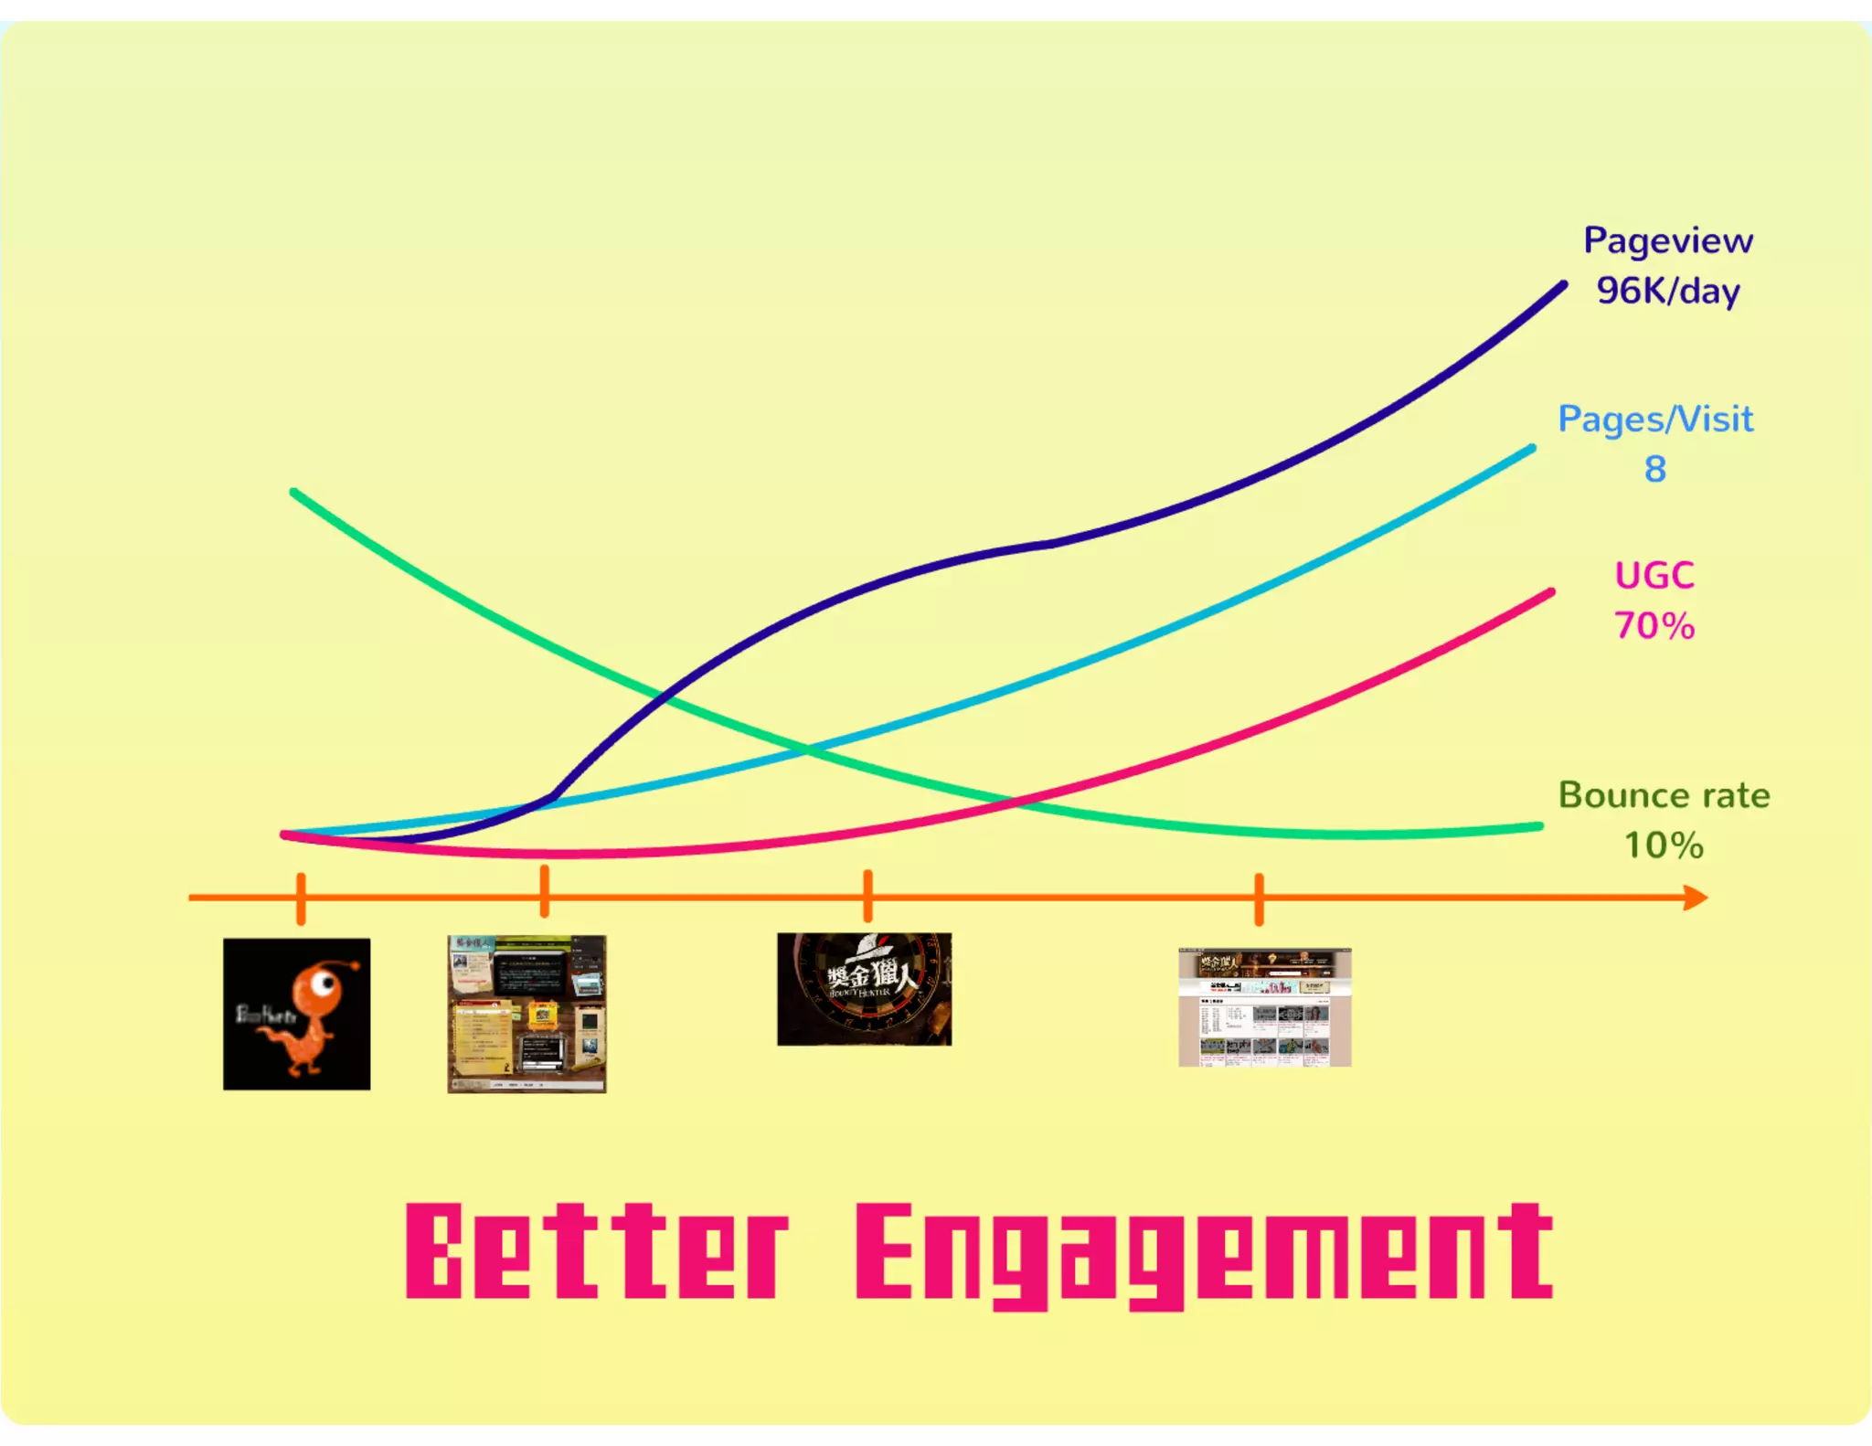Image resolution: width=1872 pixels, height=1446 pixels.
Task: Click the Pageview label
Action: click(x=1667, y=240)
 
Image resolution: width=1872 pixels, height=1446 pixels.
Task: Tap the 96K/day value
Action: click(x=1667, y=291)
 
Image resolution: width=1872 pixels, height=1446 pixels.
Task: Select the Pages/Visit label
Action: click(x=1654, y=419)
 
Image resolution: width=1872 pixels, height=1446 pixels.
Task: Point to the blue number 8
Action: click(x=1654, y=469)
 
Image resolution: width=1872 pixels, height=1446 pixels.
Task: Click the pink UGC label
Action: click(x=1654, y=576)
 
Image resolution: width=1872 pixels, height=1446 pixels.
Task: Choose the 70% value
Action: click(x=1654, y=626)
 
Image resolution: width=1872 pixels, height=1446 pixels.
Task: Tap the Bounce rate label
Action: click(x=1664, y=795)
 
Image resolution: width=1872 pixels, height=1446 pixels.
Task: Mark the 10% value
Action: click(x=1663, y=845)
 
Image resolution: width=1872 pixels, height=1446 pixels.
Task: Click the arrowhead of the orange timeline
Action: click(x=1696, y=898)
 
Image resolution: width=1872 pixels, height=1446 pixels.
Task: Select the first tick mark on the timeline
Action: click(x=301, y=898)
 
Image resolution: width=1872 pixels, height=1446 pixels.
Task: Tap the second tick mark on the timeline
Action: click(x=545, y=892)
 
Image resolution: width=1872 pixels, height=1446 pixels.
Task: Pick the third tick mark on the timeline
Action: click(x=867, y=896)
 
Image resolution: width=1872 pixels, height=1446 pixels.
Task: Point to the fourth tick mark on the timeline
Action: click(x=1259, y=899)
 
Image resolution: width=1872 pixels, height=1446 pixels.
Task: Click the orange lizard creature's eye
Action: click(x=322, y=984)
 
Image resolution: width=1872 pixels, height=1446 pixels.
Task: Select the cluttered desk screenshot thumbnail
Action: click(x=526, y=1014)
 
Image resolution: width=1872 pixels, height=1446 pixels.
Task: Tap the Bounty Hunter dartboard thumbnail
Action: click(x=864, y=989)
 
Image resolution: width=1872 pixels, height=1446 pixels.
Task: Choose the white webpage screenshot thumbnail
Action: click(x=1264, y=1007)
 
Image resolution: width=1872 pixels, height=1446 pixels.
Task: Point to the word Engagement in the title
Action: click(x=1203, y=1253)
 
